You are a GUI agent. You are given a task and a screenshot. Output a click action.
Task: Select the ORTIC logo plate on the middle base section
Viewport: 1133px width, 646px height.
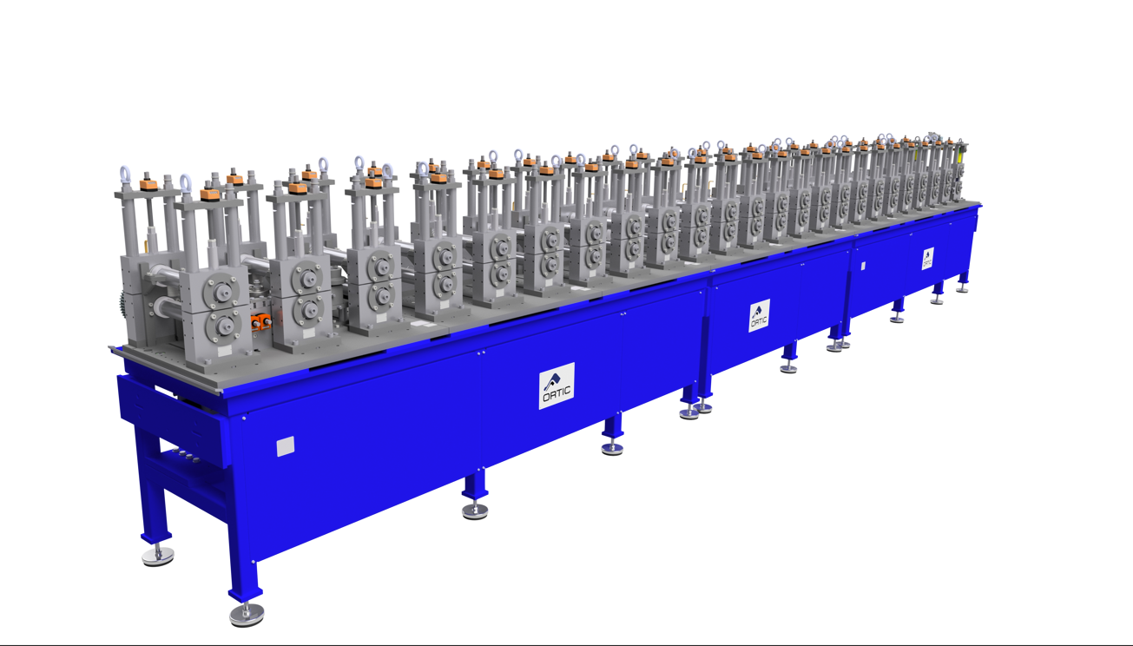759,315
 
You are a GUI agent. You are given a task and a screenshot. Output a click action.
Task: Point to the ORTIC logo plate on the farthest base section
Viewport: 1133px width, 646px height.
927,259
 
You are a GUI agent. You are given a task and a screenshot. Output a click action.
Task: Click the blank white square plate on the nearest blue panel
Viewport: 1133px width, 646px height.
286,446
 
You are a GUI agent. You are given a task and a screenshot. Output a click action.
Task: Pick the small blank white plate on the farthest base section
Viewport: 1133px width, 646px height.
863,266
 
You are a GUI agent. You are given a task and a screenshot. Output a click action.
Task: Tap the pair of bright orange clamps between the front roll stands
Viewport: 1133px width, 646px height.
261,320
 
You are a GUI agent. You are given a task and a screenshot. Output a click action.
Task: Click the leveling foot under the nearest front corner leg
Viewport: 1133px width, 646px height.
247,615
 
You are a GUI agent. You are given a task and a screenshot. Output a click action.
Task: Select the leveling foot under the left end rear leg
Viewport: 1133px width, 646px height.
158,557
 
